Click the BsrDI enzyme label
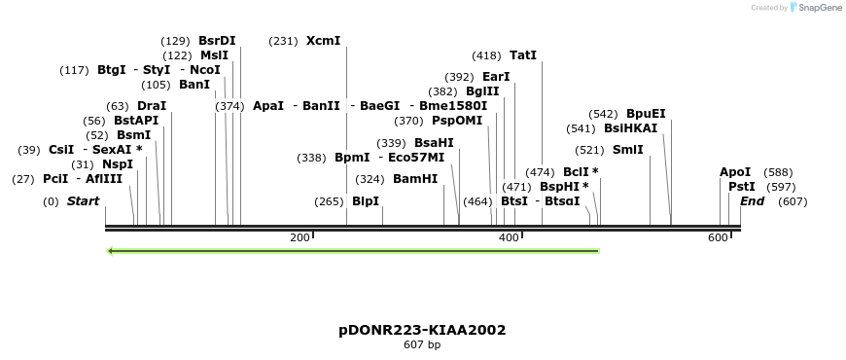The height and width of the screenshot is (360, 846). (217, 41)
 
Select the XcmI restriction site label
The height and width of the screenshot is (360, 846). (324, 41)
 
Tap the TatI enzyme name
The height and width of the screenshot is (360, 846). (523, 55)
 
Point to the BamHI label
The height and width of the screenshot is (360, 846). (415, 179)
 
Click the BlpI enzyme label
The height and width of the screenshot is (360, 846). (366, 201)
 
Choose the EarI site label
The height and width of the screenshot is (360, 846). (496, 77)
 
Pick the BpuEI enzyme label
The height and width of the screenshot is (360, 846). (646, 114)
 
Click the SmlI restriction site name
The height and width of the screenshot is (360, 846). (627, 150)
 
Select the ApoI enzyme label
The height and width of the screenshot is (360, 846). (735, 172)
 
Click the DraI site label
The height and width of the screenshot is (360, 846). (152, 106)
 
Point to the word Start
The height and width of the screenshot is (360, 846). (83, 201)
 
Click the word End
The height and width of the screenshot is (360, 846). (753, 201)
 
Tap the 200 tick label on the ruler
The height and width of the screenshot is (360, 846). (300, 237)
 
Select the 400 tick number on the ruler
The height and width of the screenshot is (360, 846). (509, 237)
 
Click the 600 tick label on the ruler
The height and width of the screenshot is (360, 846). (718, 237)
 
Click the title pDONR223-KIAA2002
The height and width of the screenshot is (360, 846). (422, 330)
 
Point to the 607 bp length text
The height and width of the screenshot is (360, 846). (422, 344)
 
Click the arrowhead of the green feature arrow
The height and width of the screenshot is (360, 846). (112, 251)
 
